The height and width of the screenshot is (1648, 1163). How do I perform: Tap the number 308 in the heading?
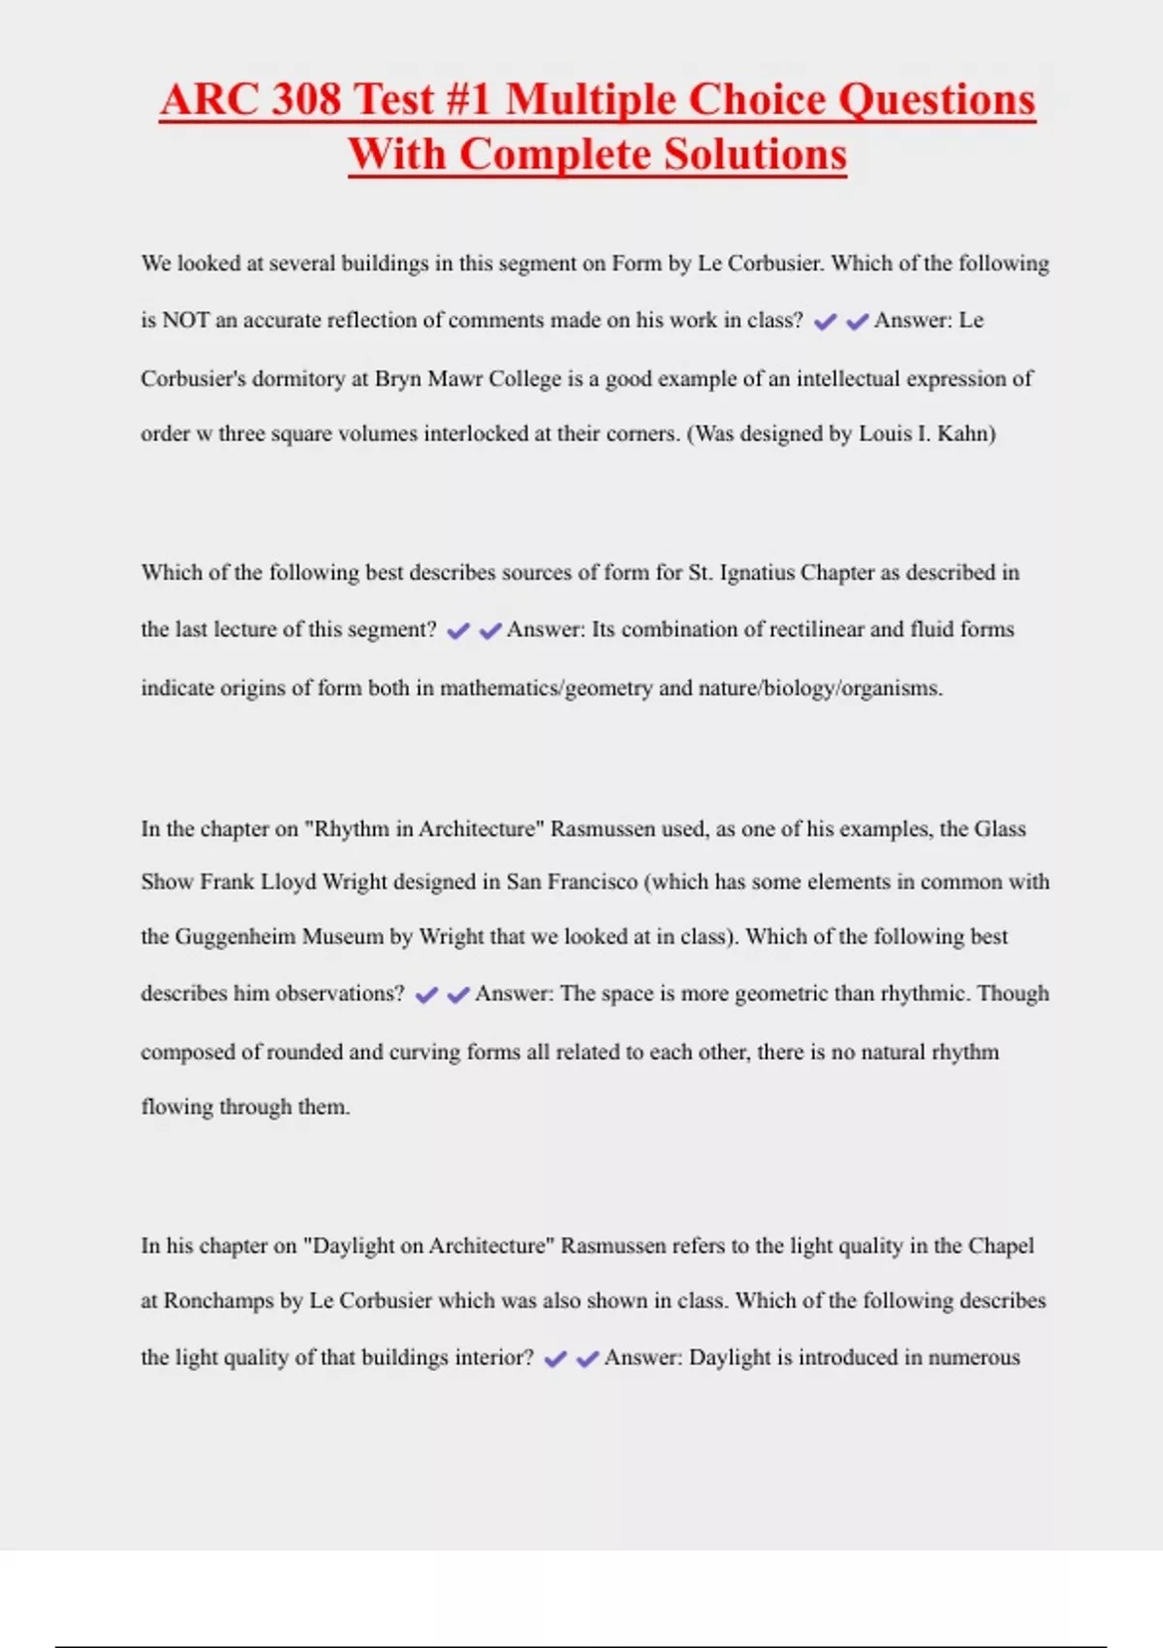click(306, 100)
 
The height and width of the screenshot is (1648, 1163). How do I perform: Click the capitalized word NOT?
click(185, 321)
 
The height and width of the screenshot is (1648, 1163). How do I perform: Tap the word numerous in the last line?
click(974, 1357)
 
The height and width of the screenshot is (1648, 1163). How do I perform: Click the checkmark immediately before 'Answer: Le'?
click(857, 322)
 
